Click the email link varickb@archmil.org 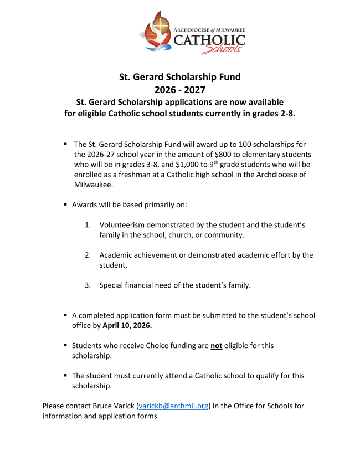tap(173, 406)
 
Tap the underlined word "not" tap(216, 345)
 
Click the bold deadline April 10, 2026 tap(127, 325)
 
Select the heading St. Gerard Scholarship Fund tap(180, 77)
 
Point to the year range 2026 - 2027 tap(180, 89)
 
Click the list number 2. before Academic tap(88, 255)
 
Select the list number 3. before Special tap(88, 285)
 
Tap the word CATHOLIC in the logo tap(209, 39)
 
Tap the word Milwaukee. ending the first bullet tap(94, 185)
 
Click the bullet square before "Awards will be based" tap(66, 204)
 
